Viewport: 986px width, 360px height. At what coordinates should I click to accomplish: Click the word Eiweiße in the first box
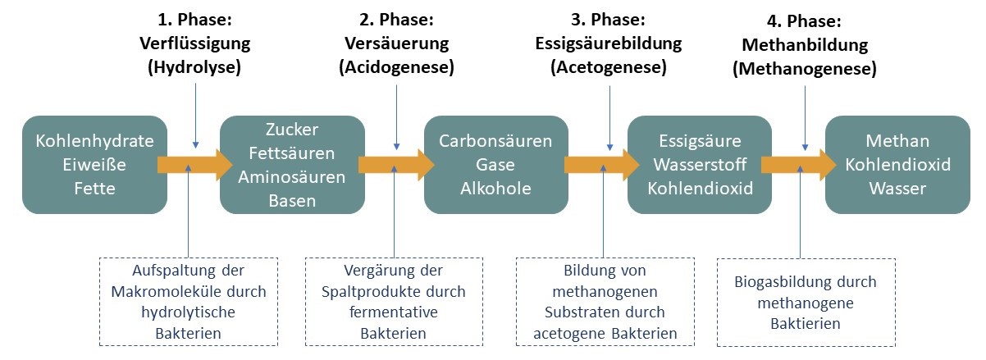tap(95, 164)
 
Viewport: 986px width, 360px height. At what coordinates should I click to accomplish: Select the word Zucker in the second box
tap(291, 130)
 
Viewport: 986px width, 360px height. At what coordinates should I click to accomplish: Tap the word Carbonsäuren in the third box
tap(495, 141)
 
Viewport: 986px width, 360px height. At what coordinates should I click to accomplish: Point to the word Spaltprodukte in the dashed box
tap(379, 291)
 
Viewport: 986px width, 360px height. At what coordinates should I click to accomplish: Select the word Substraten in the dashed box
tap(581, 312)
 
